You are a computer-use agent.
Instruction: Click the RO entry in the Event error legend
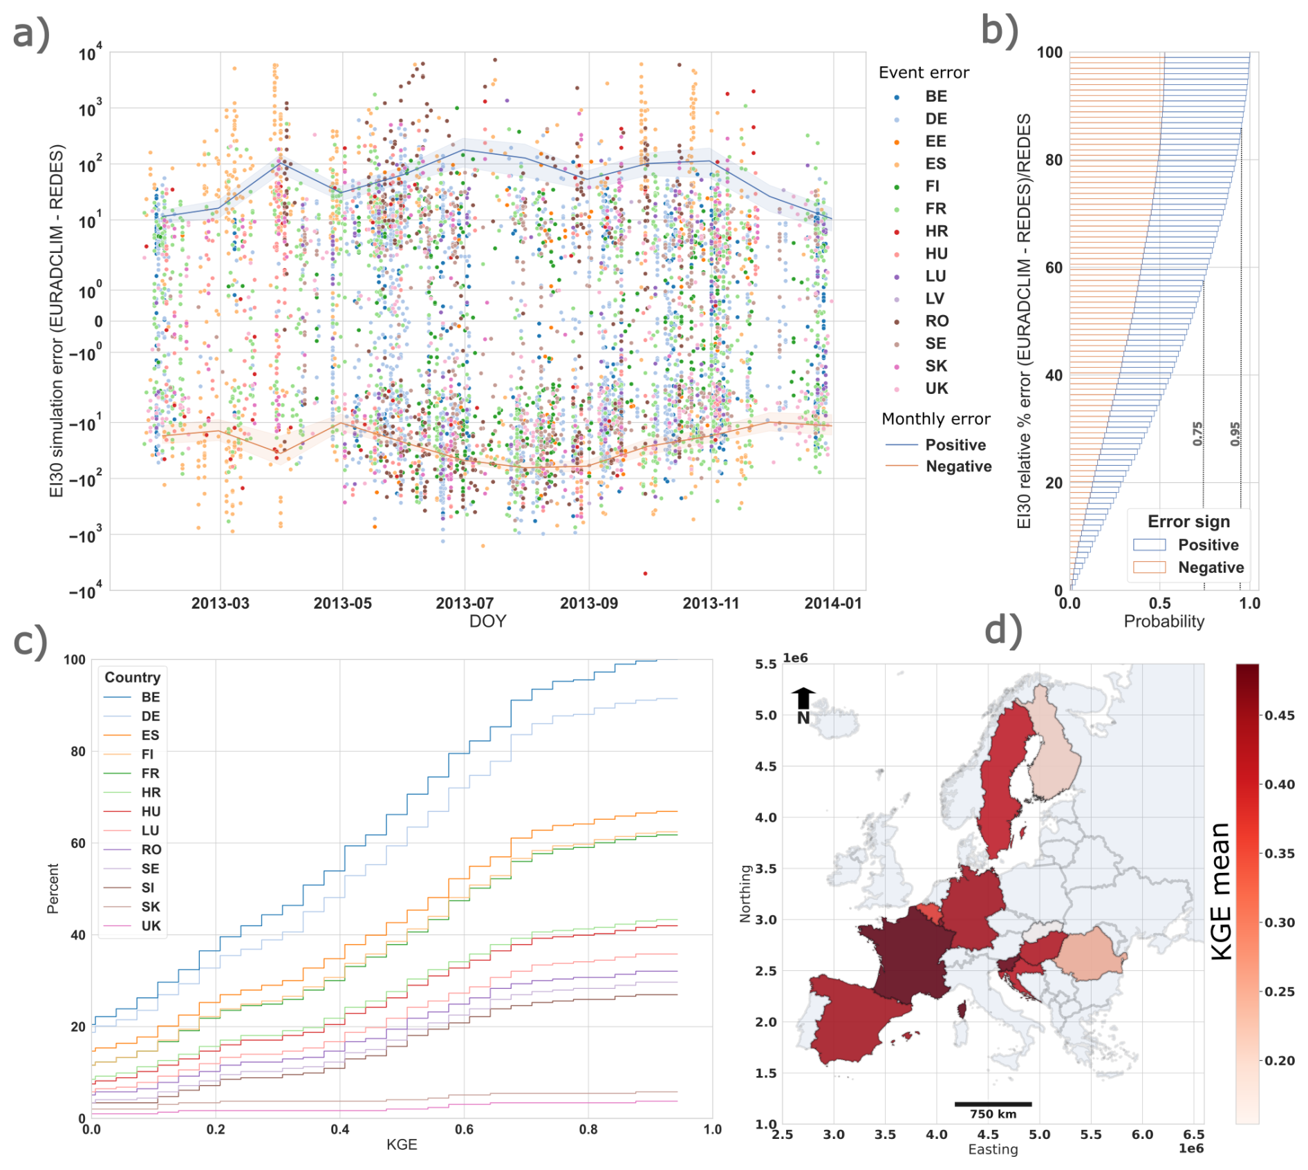click(936, 321)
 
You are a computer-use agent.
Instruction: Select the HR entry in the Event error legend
click(936, 232)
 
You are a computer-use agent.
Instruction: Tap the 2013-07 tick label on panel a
click(464, 603)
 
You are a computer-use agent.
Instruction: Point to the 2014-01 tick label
click(833, 603)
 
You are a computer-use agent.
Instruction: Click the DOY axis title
click(487, 621)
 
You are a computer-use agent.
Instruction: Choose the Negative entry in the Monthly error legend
click(958, 466)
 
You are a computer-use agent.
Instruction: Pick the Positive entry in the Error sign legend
click(1208, 545)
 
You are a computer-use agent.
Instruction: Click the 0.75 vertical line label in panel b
click(1197, 434)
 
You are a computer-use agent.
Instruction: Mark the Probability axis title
click(1164, 621)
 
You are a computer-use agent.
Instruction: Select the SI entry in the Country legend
click(148, 888)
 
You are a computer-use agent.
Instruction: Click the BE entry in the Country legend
click(151, 697)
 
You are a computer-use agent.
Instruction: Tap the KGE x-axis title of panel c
click(402, 1144)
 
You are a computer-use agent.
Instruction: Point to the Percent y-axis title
click(53, 889)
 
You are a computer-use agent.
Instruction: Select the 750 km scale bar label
click(993, 1114)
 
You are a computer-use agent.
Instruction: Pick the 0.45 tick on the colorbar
click(1280, 715)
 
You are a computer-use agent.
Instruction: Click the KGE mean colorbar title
click(1222, 891)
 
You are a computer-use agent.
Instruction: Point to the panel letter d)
click(1002, 630)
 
